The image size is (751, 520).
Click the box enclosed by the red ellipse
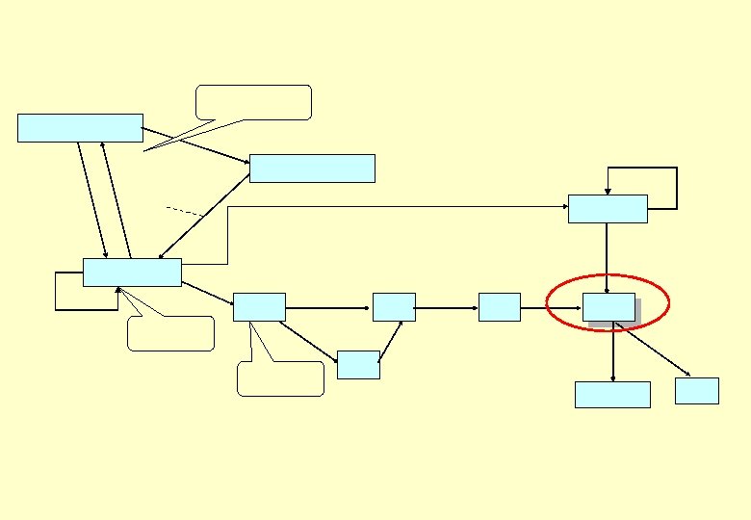point(609,307)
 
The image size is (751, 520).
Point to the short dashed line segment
point(185,210)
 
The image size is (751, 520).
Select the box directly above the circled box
point(607,209)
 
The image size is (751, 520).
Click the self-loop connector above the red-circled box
point(676,187)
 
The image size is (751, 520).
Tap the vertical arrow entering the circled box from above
point(607,256)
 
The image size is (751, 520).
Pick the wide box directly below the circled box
point(612,395)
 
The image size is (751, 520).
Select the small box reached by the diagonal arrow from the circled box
point(697,391)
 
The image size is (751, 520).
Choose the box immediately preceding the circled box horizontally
point(499,307)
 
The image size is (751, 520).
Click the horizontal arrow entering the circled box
point(551,308)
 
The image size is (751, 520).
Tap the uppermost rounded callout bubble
point(253,102)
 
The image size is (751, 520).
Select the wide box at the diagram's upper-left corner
point(80,128)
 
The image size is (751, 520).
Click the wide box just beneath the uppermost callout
point(312,169)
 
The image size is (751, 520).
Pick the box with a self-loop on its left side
point(132,273)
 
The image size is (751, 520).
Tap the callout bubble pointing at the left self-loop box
point(170,333)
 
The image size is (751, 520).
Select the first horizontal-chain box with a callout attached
point(259,307)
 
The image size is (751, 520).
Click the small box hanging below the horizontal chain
point(358,365)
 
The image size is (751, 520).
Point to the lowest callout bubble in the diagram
point(280,378)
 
